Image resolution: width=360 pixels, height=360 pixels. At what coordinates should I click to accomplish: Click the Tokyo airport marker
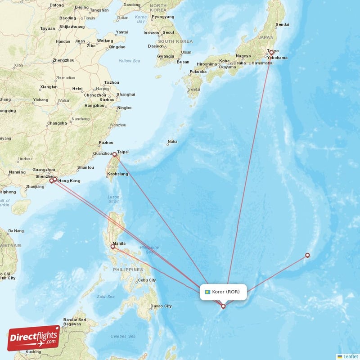coord(271,53)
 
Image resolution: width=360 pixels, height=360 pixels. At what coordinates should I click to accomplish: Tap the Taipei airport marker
coord(115,155)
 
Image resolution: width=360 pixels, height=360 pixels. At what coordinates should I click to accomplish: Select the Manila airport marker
coord(112,247)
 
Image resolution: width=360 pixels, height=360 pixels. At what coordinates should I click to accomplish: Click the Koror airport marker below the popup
coord(223,306)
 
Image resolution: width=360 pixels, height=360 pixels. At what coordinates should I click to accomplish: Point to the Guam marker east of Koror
coord(307,255)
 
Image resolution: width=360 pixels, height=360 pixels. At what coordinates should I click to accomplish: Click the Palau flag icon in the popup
coord(207,292)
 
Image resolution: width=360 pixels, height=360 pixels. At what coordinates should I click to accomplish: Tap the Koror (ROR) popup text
coord(229,292)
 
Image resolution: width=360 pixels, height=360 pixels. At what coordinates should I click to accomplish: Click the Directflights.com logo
coord(34,337)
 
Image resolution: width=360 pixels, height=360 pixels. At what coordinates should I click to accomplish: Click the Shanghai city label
coord(126,94)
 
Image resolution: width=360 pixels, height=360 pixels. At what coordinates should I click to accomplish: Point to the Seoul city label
coord(168,32)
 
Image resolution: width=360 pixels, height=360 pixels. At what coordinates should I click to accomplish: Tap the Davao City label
coord(162,306)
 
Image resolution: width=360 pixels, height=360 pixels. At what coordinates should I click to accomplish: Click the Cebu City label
coord(147,280)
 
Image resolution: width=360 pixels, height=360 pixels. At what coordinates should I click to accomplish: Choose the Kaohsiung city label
coord(118,174)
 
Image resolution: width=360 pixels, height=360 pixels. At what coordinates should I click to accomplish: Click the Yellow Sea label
coord(130,61)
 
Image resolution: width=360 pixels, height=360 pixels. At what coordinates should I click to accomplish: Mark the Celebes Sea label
coord(123,336)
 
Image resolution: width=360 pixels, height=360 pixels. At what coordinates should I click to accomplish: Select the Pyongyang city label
coord(163,17)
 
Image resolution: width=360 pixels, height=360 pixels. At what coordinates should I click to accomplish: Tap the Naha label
coord(172,142)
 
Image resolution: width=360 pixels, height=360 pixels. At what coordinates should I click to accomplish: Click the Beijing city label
coord(81,7)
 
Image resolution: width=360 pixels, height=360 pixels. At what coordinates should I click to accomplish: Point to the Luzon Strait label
coord(113,199)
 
